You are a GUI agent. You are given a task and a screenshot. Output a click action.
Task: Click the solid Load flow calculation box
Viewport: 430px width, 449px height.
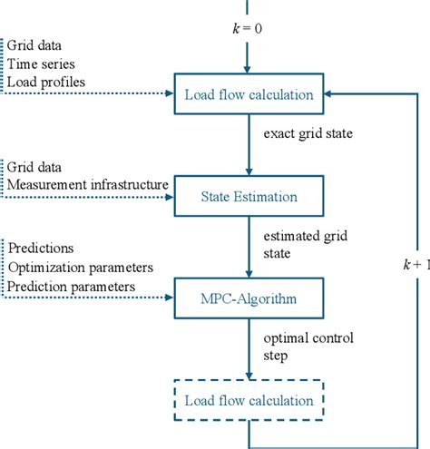click(249, 93)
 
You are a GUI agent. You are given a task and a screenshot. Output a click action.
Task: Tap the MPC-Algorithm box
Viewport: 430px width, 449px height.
click(249, 297)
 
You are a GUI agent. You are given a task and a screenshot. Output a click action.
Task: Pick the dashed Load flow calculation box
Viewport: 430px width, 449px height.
click(249, 400)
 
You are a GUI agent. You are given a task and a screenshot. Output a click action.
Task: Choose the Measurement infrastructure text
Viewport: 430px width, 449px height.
click(88, 184)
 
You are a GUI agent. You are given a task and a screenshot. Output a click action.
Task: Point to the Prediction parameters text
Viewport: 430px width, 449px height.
click(72, 287)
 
